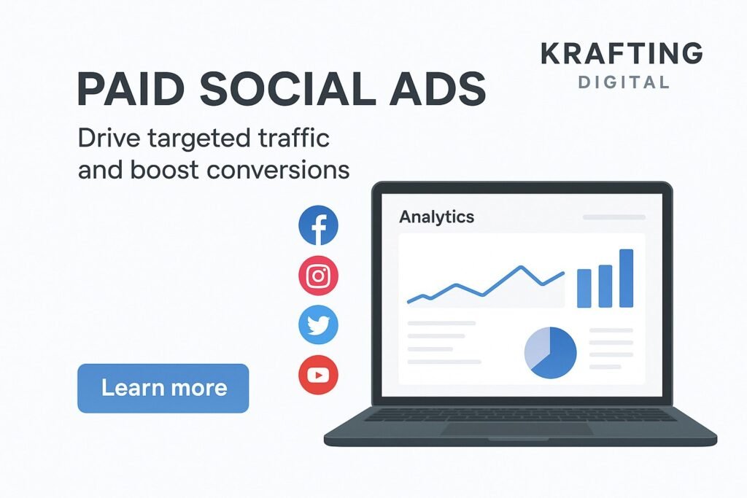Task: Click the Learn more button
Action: (163, 388)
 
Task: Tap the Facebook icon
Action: (318, 225)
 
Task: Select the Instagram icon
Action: (318, 275)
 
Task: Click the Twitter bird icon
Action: (318, 324)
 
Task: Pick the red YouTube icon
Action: (318, 375)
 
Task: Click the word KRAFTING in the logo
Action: (622, 52)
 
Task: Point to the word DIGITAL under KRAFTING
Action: (624, 82)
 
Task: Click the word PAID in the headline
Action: (131, 90)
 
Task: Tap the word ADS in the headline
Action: (438, 90)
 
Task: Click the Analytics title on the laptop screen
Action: (436, 217)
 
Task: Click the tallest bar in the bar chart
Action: (627, 278)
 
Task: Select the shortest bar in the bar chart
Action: (584, 288)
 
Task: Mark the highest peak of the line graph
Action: (521, 267)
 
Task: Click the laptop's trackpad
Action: (517, 429)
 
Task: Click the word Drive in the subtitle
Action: (109, 138)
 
